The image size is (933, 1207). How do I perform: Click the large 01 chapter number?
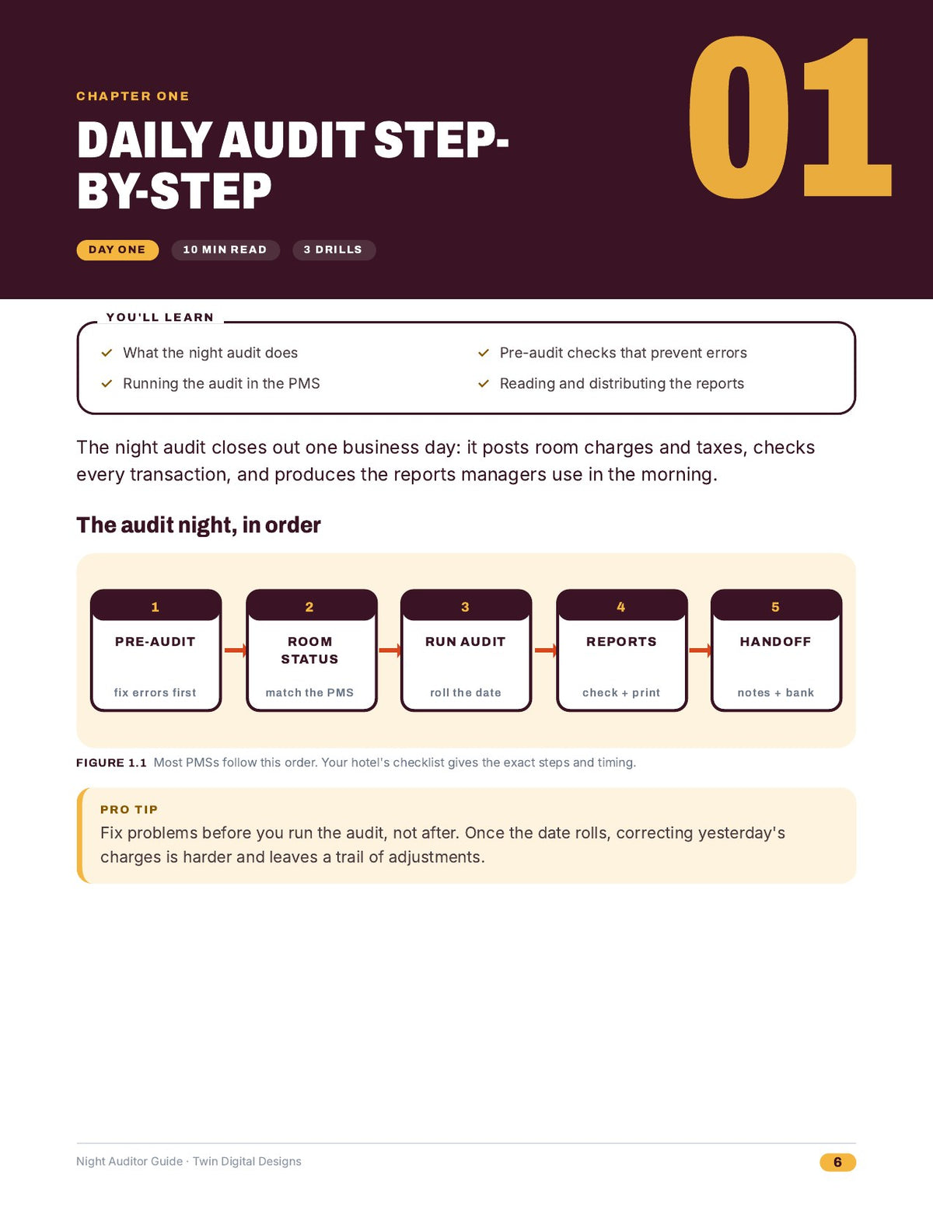pyautogui.click(x=790, y=117)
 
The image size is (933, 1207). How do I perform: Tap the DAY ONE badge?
pyautogui.click(x=117, y=250)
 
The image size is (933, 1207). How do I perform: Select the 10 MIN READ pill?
pyautogui.click(x=225, y=250)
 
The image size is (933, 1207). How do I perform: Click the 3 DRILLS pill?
pyautogui.click(x=334, y=250)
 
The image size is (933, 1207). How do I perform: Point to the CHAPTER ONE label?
pyautogui.click(x=133, y=96)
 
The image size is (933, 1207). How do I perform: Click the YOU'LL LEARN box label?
pyautogui.click(x=160, y=317)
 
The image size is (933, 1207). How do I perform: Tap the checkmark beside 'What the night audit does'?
pyautogui.click(x=107, y=353)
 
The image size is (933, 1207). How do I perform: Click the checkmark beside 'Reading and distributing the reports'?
pyautogui.click(x=484, y=383)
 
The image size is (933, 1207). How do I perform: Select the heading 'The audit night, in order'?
pyautogui.click(x=198, y=525)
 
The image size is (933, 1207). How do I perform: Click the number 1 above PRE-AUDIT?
pyautogui.click(x=155, y=607)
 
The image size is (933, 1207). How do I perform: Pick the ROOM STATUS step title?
pyautogui.click(x=309, y=651)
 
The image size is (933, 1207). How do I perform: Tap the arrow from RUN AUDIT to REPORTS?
pyautogui.click(x=545, y=650)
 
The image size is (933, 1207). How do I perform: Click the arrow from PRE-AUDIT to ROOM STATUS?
pyautogui.click(x=235, y=650)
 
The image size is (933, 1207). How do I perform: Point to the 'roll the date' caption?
pyautogui.click(x=466, y=692)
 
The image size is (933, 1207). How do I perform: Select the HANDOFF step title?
pyautogui.click(x=775, y=641)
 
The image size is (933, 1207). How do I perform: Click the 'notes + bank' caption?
pyautogui.click(x=776, y=692)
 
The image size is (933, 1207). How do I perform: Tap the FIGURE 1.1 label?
pyautogui.click(x=111, y=762)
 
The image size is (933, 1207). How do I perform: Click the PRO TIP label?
pyautogui.click(x=129, y=809)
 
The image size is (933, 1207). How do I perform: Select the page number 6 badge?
pyautogui.click(x=837, y=1162)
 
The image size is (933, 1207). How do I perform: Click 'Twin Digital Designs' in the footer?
pyautogui.click(x=247, y=1161)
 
